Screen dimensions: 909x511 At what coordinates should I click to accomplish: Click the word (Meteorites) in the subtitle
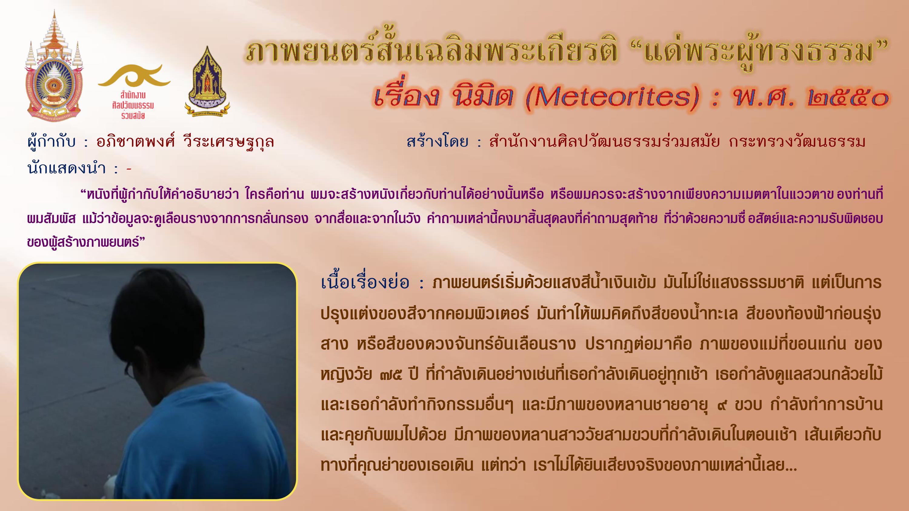tap(613, 98)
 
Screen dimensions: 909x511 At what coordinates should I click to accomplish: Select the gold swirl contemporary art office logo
tap(134, 76)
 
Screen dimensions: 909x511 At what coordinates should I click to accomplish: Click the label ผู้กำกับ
tap(52, 142)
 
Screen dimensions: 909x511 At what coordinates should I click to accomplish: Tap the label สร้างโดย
tap(438, 142)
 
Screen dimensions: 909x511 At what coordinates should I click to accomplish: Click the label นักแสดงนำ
tap(67, 168)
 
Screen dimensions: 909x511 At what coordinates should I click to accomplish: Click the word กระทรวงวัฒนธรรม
tap(797, 142)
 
